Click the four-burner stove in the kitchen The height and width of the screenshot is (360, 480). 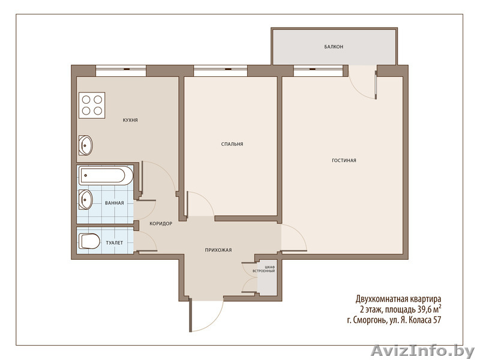click(92, 106)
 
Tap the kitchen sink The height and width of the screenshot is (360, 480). click(86, 145)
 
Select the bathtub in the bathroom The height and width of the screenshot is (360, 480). click(106, 176)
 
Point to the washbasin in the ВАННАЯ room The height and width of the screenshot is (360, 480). click(86, 200)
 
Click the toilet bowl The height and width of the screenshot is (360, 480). click(89, 241)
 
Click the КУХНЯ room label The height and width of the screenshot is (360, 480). click(130, 121)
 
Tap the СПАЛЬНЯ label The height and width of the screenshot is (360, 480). click(232, 144)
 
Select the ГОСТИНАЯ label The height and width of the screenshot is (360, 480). click(344, 160)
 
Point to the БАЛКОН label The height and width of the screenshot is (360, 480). click(334, 47)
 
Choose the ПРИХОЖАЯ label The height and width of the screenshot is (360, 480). click(218, 250)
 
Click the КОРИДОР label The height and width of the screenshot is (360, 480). click(161, 224)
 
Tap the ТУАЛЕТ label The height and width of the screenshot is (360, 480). click(114, 243)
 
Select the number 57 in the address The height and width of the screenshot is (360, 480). click(437, 320)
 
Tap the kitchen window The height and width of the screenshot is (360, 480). click(121, 71)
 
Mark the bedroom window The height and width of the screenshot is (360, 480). click(220, 71)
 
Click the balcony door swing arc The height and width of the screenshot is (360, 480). click(359, 89)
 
